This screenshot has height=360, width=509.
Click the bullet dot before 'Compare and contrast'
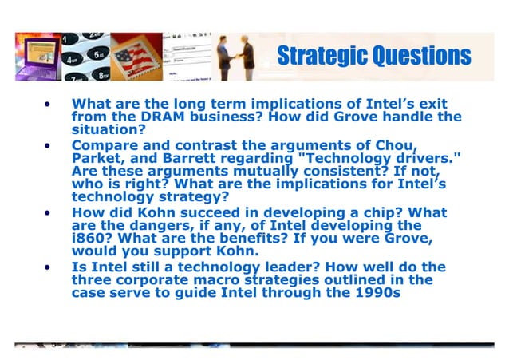pos(48,145)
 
